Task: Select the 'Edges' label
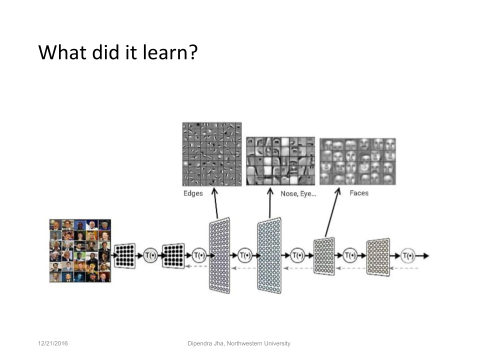(x=193, y=193)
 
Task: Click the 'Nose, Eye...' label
(x=298, y=194)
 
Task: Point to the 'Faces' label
(x=359, y=193)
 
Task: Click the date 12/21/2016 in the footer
(x=53, y=343)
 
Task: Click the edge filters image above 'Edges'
(x=212, y=154)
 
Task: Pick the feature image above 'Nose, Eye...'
(x=280, y=161)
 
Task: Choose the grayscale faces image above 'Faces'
(x=357, y=161)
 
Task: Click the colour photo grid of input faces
(x=80, y=250)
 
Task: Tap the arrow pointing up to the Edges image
(x=216, y=203)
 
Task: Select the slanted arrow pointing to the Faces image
(x=332, y=212)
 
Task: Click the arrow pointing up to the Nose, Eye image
(x=270, y=203)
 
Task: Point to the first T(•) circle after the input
(x=150, y=255)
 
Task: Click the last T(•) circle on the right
(x=408, y=255)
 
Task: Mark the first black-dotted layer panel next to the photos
(x=125, y=256)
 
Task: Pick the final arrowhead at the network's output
(x=426, y=255)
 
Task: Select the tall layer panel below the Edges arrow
(x=219, y=255)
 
